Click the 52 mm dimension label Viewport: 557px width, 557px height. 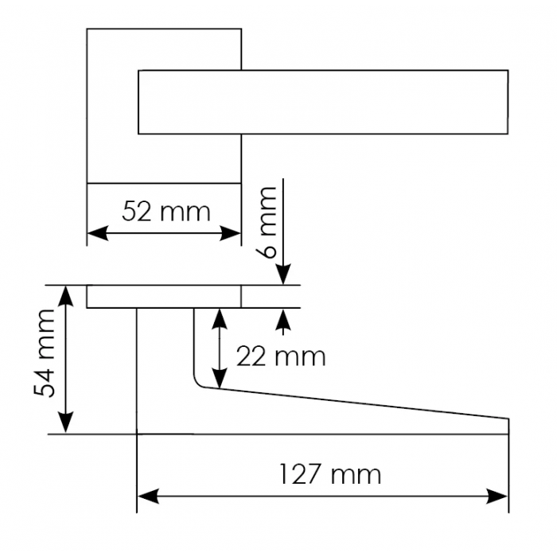(x=166, y=212)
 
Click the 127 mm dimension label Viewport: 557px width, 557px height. (x=330, y=474)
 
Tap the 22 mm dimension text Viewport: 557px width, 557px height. (x=281, y=356)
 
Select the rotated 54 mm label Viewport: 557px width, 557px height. (x=45, y=353)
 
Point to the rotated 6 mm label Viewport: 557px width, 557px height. (x=266, y=222)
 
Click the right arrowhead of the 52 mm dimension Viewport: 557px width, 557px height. (x=230, y=233)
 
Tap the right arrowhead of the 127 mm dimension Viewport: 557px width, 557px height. (x=497, y=497)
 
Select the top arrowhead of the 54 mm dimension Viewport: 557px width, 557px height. (x=66, y=296)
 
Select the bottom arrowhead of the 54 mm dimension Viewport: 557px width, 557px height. (x=66, y=423)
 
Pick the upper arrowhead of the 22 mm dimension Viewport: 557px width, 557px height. (x=220, y=319)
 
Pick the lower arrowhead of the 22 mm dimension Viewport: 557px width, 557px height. (x=220, y=378)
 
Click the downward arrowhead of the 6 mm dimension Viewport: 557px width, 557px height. (x=283, y=275)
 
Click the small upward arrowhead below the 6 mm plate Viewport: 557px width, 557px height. (x=283, y=319)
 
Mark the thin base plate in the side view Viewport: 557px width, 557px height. (x=164, y=297)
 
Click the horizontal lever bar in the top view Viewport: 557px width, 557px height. (x=323, y=102)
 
